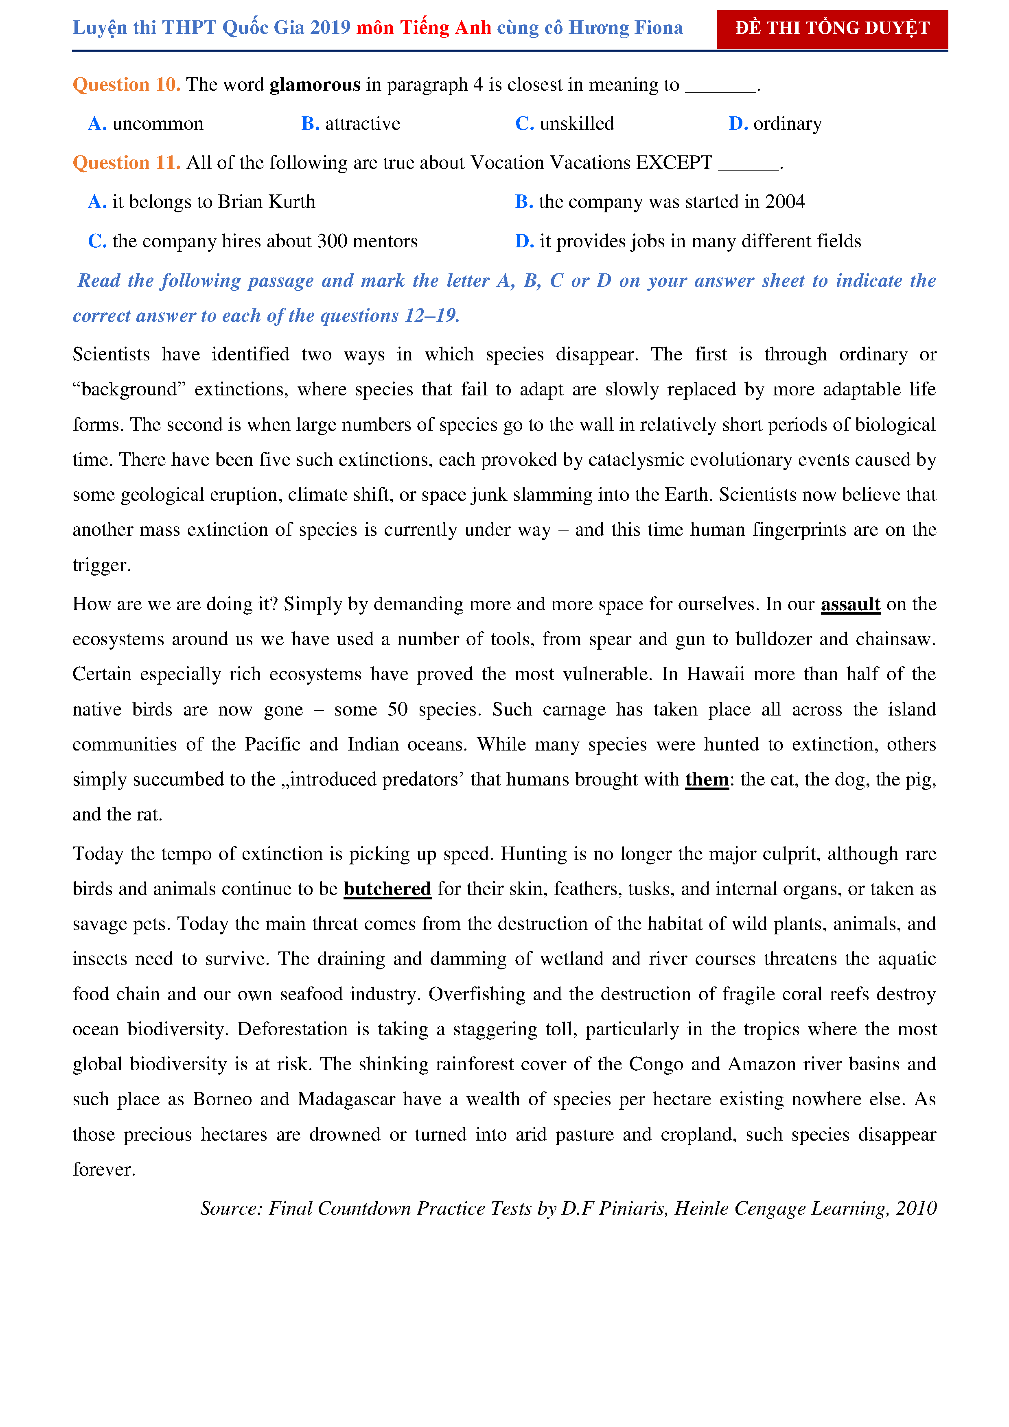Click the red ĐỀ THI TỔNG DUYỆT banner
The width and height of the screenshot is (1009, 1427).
pyautogui.click(x=832, y=28)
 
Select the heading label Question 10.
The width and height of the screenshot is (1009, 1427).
pyautogui.click(x=126, y=85)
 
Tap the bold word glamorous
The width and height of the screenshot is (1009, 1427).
pyautogui.click(x=315, y=85)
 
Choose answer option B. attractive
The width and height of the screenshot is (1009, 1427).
pyautogui.click(x=350, y=124)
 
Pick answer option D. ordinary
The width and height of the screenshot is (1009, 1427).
pyautogui.click(x=775, y=124)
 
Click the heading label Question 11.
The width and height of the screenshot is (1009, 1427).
pyautogui.click(x=126, y=163)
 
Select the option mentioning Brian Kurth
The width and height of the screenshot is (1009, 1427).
pyautogui.click(x=202, y=202)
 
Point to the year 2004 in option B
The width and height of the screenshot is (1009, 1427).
pyautogui.click(x=785, y=202)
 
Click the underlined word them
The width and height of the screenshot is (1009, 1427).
pyautogui.click(x=707, y=780)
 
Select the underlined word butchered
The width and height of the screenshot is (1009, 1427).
pyautogui.click(x=387, y=889)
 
